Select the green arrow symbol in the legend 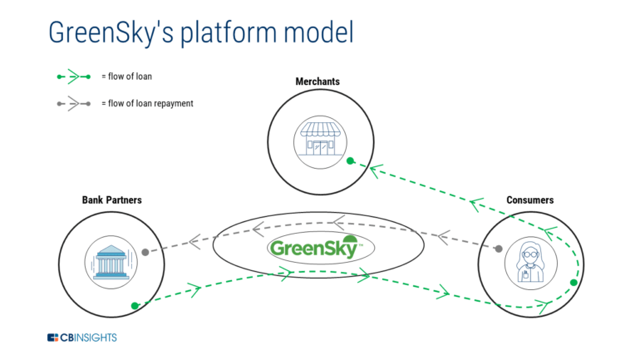(x=73, y=77)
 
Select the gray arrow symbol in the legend (x=73, y=104)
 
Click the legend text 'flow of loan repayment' (x=147, y=104)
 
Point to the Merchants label (x=318, y=81)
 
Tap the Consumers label (x=529, y=200)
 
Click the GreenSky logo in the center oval (x=314, y=247)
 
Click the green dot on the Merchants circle (x=351, y=160)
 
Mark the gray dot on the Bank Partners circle (x=145, y=252)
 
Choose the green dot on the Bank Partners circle (x=133, y=305)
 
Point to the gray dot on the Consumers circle (x=499, y=248)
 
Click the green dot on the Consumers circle (x=574, y=284)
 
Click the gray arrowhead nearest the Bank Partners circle (x=194, y=241)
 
